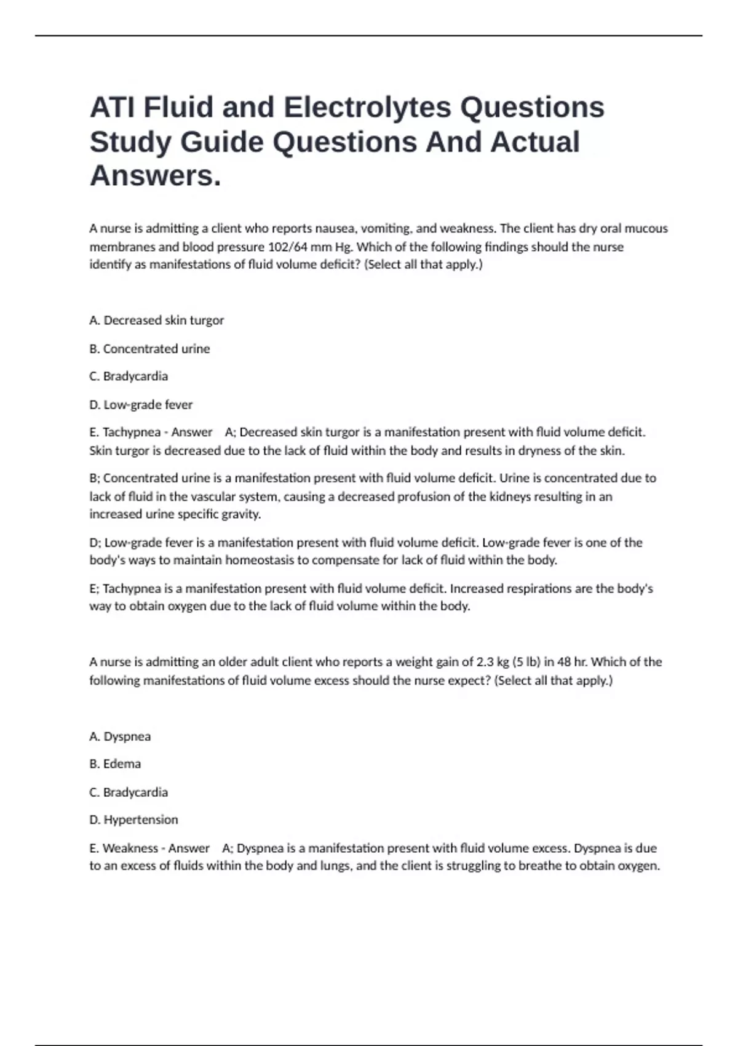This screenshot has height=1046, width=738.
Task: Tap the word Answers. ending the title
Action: pos(155,176)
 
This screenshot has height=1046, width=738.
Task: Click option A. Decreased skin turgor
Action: pos(157,320)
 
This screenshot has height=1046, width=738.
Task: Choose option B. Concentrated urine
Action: pos(149,348)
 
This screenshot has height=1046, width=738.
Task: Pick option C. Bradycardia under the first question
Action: pos(129,376)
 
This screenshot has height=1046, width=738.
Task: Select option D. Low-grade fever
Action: pos(141,404)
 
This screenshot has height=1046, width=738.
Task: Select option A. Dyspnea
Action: pos(120,736)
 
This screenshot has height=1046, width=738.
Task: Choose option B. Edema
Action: pos(115,764)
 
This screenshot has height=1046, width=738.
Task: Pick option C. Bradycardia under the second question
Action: pos(129,792)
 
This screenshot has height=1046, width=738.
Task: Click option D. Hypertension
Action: pos(133,820)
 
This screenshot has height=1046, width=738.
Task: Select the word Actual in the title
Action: pos(534,142)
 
